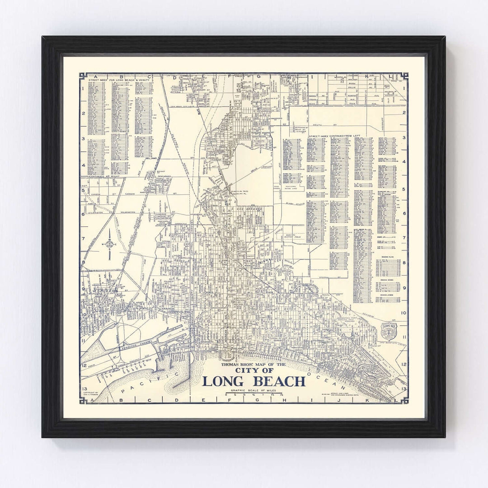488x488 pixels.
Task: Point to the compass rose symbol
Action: (109, 244)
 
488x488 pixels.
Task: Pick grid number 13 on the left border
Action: (84, 388)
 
